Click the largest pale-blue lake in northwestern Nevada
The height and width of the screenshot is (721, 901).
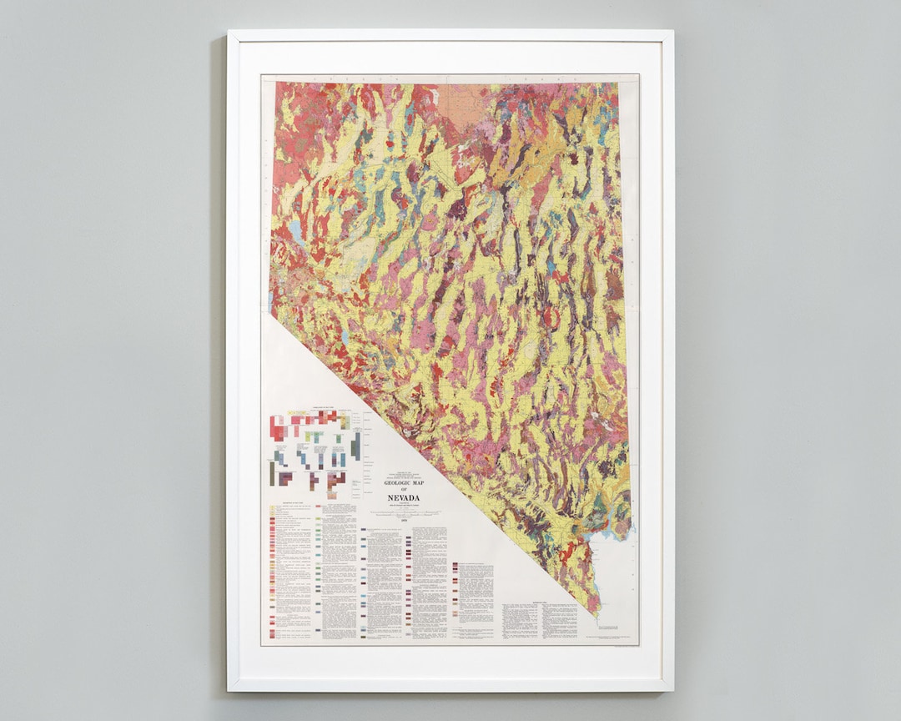(297, 233)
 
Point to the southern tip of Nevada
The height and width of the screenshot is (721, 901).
(596, 614)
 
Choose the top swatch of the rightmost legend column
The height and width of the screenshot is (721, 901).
(456, 565)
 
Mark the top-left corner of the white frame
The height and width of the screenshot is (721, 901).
(228, 32)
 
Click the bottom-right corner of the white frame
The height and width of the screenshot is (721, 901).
(672, 690)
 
